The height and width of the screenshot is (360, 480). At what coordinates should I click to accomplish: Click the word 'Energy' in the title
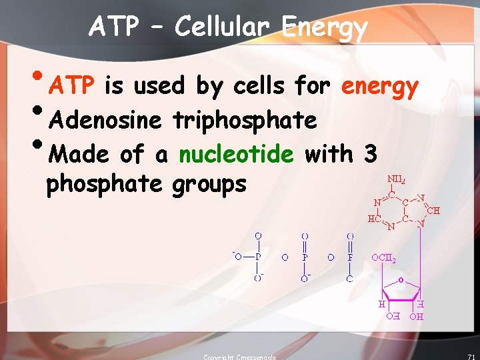pos(325,28)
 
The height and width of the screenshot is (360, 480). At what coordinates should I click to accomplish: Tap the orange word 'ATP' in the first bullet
pos(75,86)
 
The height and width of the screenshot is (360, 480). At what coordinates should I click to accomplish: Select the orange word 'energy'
pos(379,87)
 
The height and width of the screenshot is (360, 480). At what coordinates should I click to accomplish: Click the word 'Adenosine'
pos(105,120)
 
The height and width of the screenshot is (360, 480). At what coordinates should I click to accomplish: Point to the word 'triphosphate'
pos(245,121)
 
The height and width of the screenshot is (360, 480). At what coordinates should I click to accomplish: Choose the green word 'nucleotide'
pos(236,154)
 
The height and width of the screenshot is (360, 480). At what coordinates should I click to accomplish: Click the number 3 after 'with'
pos(370,154)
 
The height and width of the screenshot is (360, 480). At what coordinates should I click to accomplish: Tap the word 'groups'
pos(209,183)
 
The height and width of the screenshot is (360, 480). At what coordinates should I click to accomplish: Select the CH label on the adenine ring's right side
pos(433,211)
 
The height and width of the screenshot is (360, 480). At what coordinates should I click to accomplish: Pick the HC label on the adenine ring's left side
pos(373,218)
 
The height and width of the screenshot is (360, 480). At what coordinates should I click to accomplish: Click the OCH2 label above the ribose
pos(385,257)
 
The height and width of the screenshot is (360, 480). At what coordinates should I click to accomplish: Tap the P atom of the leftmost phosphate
pos(258,257)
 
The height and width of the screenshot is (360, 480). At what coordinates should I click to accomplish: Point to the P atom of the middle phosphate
pos(305,257)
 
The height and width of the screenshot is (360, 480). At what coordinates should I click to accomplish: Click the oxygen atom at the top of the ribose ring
pos(401,279)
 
